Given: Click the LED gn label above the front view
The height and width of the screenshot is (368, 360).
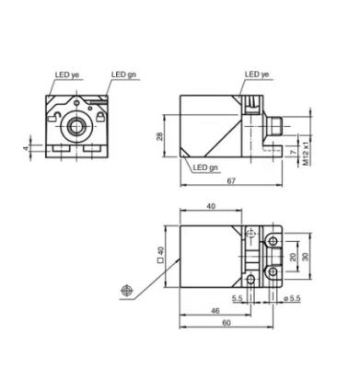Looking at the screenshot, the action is (123, 75).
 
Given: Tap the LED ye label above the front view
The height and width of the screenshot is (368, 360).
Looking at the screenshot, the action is (67, 75).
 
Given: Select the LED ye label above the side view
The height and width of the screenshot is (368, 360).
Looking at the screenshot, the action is (257, 75).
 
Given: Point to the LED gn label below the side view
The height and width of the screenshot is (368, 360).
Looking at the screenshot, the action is (205, 167).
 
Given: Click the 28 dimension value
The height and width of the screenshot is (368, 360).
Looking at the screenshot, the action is (160, 136).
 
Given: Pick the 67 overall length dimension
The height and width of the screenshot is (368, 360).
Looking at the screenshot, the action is (231, 181).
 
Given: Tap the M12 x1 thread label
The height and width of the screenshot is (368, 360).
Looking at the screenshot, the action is (307, 154).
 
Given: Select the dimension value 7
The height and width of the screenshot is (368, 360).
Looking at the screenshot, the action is (294, 152).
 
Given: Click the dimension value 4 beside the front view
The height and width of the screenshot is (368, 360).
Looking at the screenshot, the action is (26, 148).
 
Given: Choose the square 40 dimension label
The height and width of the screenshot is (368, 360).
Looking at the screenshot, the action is (160, 256).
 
